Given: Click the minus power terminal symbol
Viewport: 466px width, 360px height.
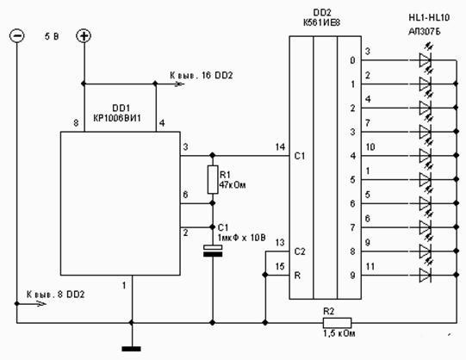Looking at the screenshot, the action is pos(17,35).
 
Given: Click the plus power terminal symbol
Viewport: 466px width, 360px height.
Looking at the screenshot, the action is pos(84,35).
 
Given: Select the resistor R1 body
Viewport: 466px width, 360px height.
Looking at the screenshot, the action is pos(213,180).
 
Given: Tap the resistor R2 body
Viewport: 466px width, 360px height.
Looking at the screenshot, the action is pos(337,323).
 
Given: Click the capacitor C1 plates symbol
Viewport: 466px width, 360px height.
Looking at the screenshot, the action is pos(213,251).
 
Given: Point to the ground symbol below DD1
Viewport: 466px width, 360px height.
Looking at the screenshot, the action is pos(132,349).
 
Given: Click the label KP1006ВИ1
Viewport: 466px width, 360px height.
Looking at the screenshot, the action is pos(117,118).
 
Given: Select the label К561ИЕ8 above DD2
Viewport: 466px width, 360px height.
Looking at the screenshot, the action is pos(321,22).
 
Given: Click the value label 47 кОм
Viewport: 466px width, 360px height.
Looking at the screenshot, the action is pos(233,185).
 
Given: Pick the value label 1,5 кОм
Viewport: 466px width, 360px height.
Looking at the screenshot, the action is pos(339,333).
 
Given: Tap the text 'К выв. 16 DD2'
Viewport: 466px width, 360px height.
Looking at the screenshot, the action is pos(202,75).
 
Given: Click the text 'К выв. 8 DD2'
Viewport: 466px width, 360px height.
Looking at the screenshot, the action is pos(56,295).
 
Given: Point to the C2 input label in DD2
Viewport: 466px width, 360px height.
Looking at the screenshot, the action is pos(300,251).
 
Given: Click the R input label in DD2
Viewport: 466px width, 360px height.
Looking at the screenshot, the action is pos(297,276).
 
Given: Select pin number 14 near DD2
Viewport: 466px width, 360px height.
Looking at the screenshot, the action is pos(280,146).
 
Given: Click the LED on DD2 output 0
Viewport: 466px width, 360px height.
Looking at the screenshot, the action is pos(426,60).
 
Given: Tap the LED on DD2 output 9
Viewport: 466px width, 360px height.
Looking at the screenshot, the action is pos(426,276).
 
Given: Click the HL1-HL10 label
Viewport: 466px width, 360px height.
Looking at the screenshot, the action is pos(429,18).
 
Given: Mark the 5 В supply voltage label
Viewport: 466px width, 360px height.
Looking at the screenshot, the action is pos(52,36).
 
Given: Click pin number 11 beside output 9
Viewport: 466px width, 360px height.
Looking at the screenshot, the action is pos(370,266).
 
